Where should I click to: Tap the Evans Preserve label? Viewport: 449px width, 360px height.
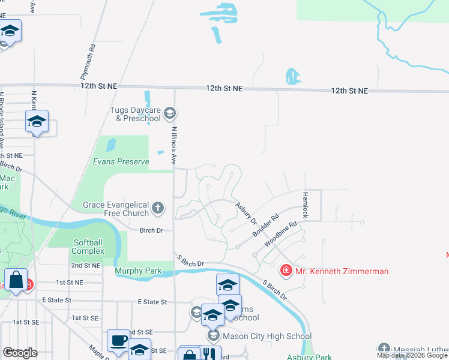coord(121,162)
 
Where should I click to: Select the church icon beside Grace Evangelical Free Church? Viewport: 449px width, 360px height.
coord(158,208)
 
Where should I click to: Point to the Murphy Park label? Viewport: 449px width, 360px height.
coord(138,271)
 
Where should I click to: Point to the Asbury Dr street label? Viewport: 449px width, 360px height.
coord(246,213)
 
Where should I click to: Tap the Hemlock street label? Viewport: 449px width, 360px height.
coord(305,205)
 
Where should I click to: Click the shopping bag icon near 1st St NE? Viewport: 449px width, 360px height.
coord(16,280)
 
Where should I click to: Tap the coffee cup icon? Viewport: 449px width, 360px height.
coord(118,340)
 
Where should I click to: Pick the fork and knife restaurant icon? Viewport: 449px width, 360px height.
coord(210,355)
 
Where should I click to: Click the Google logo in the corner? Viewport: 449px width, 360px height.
coord(19,353)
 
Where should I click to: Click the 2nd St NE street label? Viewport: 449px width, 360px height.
coord(85,265)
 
